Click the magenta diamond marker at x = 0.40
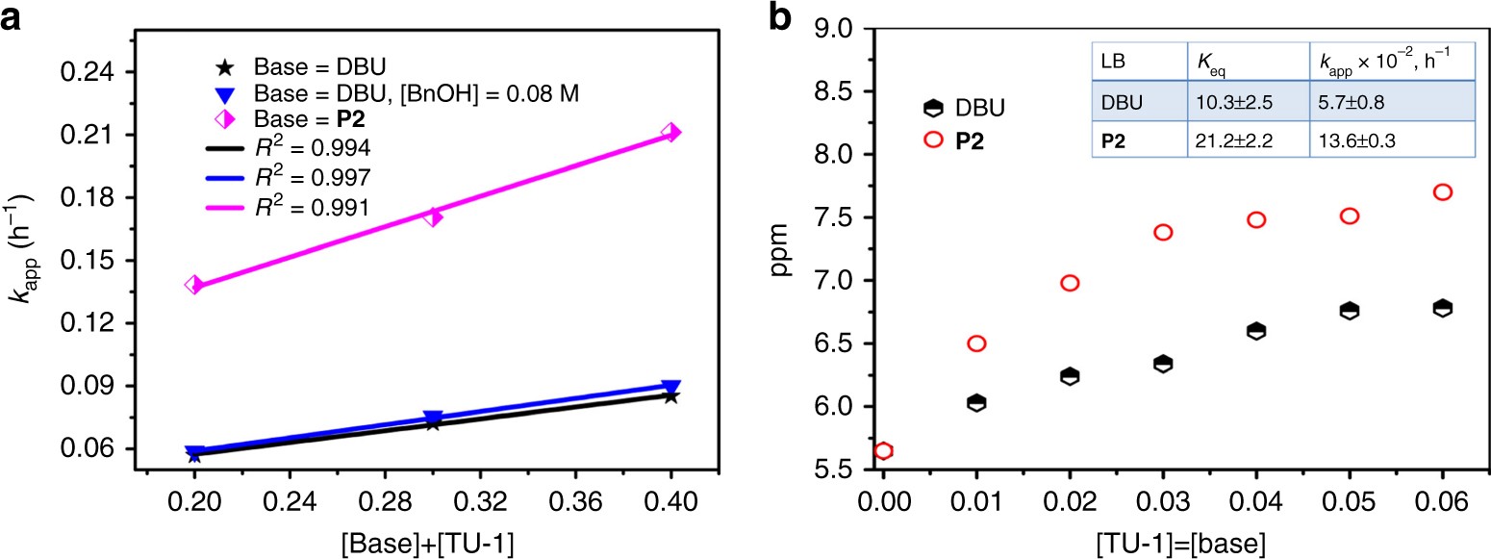[x=670, y=132]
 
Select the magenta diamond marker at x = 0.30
[x=433, y=216]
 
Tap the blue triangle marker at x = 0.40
[x=670, y=387]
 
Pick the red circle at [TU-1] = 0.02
[x=1070, y=283]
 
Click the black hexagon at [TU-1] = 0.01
[x=976, y=403]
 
